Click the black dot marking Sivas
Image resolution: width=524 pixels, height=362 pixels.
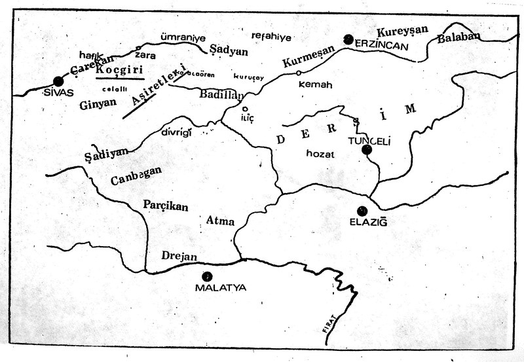[x=58, y=82]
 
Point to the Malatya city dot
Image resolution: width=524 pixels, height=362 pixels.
[x=208, y=276]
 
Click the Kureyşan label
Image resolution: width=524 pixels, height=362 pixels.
[x=401, y=31]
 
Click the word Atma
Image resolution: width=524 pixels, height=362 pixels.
[x=220, y=221]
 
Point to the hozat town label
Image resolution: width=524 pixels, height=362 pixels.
[x=320, y=153]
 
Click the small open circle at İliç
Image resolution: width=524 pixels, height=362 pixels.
[x=245, y=109]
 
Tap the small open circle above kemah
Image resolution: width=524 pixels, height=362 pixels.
[x=299, y=73]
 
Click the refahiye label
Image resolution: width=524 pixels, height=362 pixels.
[x=271, y=37]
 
